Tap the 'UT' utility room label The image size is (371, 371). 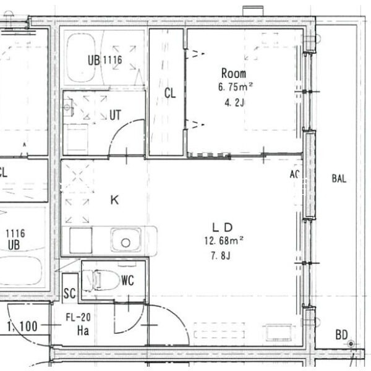pyautogui.click(x=115, y=115)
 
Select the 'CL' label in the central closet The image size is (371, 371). pyautogui.click(x=170, y=93)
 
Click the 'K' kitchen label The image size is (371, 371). pyautogui.click(x=114, y=200)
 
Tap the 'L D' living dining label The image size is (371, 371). pyautogui.click(x=223, y=227)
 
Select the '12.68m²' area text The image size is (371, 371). pyautogui.click(x=224, y=241)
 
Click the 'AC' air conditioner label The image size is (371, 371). pyautogui.click(x=295, y=175)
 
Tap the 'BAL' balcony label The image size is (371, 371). pyautogui.click(x=339, y=179)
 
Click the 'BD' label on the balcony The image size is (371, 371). pyautogui.click(x=341, y=335)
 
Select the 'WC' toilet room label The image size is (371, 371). pyautogui.click(x=127, y=280)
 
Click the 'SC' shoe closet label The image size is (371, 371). pyautogui.click(x=70, y=294)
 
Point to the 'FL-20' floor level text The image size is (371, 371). pyautogui.click(x=79, y=318)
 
